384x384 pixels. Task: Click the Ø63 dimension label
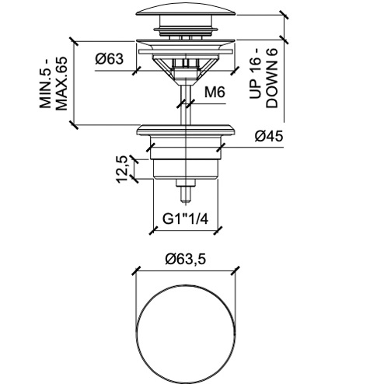coord(110,59)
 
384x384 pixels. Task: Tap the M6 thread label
coord(215,92)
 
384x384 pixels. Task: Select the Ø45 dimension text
coord(269,136)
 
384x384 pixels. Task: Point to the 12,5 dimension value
coord(121,169)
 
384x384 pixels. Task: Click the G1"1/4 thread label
coord(185,219)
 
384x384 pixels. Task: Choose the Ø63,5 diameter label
coord(186,259)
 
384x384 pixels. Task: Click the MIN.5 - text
coord(46,83)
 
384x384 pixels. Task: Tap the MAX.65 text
coord(61,83)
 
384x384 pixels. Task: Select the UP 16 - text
coord(256,74)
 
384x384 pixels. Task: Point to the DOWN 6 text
coord(272,78)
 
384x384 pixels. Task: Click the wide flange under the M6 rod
coord(186,131)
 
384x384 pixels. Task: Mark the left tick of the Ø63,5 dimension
coord(137,271)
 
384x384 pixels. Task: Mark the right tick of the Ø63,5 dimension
coord(235,271)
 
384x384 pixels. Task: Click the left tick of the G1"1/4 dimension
coord(153,230)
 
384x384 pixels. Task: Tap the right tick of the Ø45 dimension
coord(221,148)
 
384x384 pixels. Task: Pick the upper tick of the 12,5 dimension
coord(134,159)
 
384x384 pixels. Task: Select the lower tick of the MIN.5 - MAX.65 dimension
coord(74,125)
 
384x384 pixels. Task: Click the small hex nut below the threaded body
coord(186,183)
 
